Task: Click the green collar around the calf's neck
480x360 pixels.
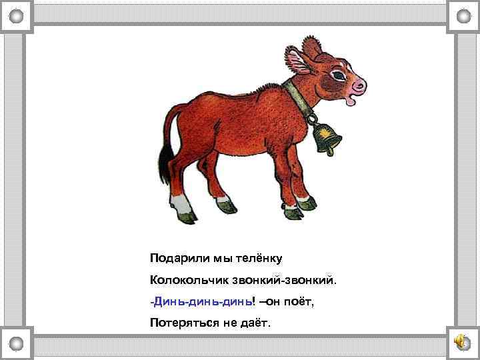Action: (x=296, y=101)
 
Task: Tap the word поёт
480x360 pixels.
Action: (x=297, y=302)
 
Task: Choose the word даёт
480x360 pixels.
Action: (x=256, y=324)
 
